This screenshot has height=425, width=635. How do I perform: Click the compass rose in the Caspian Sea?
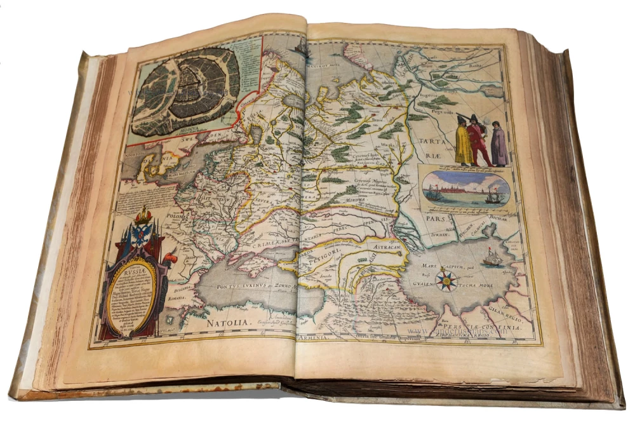pos(448,279)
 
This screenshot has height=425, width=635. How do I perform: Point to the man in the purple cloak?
pos(499,145)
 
